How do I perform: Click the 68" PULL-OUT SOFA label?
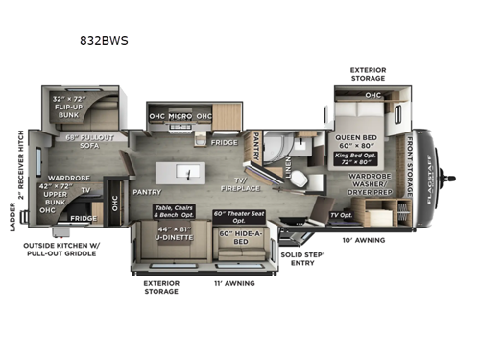point(87,138)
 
